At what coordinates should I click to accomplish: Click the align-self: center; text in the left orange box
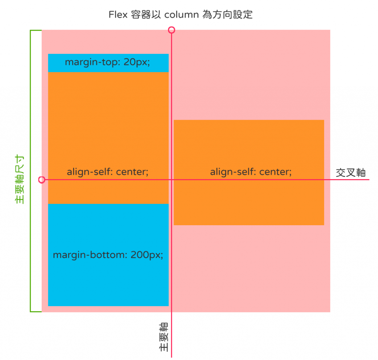[x=108, y=172]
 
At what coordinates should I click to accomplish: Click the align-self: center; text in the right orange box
[x=251, y=172]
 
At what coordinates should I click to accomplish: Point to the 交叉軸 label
[x=350, y=173]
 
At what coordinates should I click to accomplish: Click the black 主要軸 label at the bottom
[x=164, y=337]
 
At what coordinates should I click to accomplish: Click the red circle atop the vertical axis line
[x=171, y=30]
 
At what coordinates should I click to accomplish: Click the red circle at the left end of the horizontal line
[x=42, y=180]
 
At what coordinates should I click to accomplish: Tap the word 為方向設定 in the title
[x=228, y=15]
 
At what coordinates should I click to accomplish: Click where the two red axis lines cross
[x=172, y=180]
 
